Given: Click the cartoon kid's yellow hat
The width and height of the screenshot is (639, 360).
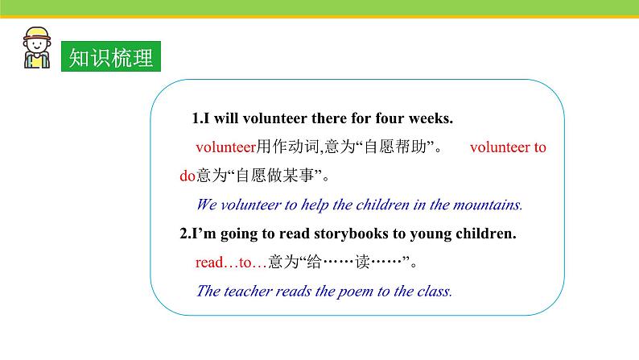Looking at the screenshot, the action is tap(37, 34).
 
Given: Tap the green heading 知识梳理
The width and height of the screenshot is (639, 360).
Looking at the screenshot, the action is tap(111, 56).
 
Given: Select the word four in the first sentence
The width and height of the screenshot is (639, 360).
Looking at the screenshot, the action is tap(390, 118).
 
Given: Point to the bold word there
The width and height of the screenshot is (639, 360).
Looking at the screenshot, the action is tap(328, 118).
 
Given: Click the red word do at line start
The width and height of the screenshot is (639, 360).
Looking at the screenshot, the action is tap(188, 176).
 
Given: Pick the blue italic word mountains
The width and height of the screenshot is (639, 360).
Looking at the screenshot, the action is tap(488, 205).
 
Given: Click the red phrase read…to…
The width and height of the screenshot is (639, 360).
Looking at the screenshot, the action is tap(231, 263).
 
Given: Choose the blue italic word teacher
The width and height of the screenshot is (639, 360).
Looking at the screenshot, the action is tap(248, 291).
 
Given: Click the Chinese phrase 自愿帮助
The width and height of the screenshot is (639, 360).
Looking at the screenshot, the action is tap(395, 147).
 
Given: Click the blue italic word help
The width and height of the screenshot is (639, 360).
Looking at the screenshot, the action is tap(315, 205).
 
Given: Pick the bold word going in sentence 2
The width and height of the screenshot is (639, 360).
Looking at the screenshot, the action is tap(239, 234).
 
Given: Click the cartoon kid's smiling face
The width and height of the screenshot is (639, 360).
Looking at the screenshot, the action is tap(37, 45).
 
